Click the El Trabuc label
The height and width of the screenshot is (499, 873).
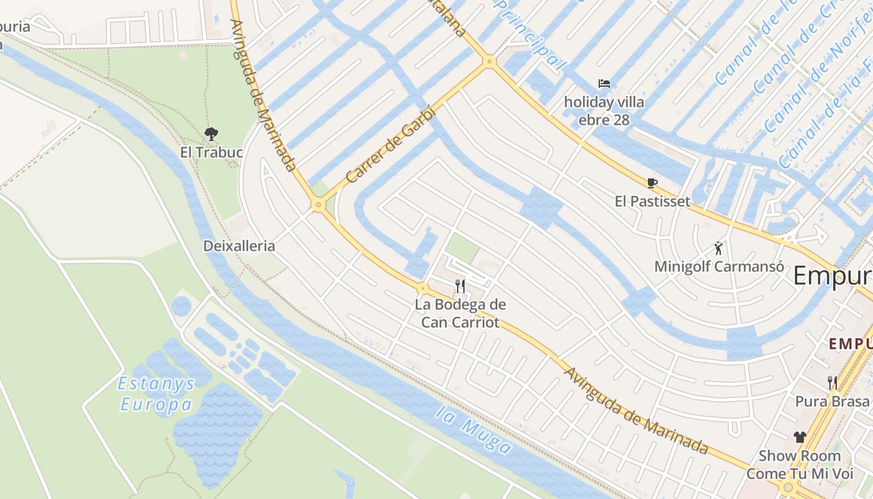coord(211,152)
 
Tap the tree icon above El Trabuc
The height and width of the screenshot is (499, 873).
coord(211,133)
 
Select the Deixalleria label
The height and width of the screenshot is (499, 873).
coord(239,246)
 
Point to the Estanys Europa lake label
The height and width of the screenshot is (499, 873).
coord(157,394)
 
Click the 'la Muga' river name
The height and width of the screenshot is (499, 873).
coord(474,430)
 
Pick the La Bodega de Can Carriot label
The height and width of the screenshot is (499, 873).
coord(460,313)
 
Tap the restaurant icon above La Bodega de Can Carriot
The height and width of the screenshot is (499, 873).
coord(460,286)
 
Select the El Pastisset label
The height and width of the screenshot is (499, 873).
coord(652,201)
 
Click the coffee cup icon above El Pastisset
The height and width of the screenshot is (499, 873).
coord(652,183)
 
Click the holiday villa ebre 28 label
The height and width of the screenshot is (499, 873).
coord(604,110)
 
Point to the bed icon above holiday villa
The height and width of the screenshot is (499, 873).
coord(604,84)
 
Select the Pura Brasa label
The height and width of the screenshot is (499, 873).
coord(832,401)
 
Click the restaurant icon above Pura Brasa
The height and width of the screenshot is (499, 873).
coord(832,382)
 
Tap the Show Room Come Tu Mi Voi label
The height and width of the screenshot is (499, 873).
coord(799,465)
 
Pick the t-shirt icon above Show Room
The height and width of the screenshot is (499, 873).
coord(799,437)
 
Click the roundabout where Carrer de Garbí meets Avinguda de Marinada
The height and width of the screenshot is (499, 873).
coord(319,204)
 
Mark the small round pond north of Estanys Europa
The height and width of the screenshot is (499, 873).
coord(181,306)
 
